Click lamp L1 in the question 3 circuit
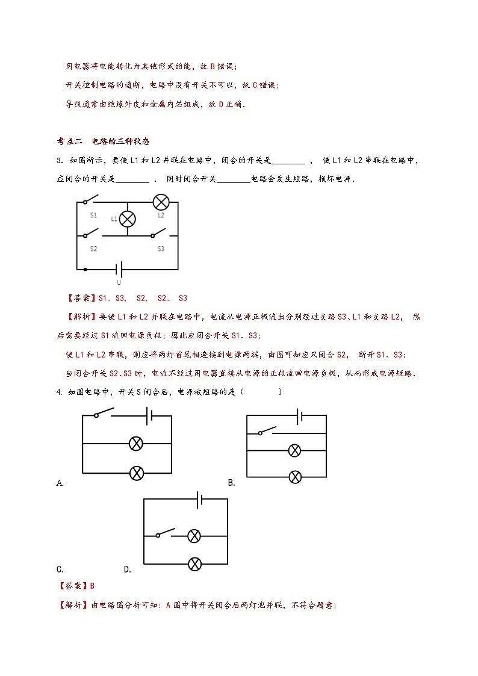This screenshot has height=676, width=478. [x=127, y=219]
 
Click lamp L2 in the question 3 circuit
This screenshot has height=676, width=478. [x=161, y=202]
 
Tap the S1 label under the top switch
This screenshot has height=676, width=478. [x=94, y=215]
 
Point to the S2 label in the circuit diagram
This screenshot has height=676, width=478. [x=93, y=249]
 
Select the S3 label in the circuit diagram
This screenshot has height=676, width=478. [x=161, y=249]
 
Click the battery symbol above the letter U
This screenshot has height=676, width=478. [x=119, y=269]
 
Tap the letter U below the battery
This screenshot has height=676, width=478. [x=119, y=282]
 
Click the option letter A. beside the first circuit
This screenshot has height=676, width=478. [x=60, y=483]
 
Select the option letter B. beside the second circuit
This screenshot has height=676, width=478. [x=231, y=483]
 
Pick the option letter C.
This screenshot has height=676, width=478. [x=60, y=569]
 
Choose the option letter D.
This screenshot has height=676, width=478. [x=127, y=569]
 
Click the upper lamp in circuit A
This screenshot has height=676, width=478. [x=137, y=444]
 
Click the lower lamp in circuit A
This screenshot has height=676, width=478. [x=137, y=473]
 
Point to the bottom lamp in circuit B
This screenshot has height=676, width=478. [x=294, y=477]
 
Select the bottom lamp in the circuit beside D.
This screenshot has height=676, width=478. [x=194, y=563]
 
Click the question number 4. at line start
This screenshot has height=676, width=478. [x=60, y=392]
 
